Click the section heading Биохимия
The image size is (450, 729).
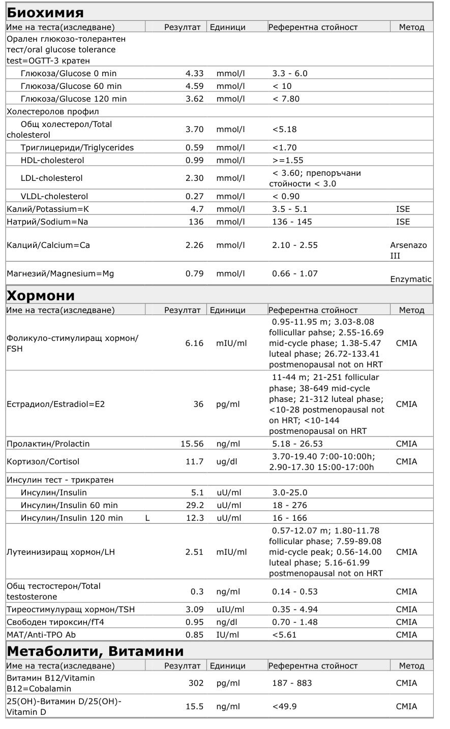click(x=45, y=12)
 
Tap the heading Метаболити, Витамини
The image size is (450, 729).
click(x=95, y=651)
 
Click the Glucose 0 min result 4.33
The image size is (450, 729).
click(x=194, y=73)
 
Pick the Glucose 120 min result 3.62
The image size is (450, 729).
click(x=194, y=99)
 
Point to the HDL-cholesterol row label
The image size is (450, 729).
click(x=52, y=160)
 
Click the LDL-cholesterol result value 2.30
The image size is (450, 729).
click(x=194, y=178)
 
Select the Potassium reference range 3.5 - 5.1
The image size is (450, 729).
click(x=290, y=209)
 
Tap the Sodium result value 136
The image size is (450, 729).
click(x=195, y=221)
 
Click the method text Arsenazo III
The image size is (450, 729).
click(x=408, y=250)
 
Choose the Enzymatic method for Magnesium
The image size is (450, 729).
click(x=411, y=279)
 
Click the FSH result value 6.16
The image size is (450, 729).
click(x=194, y=343)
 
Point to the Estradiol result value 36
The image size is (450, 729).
click(x=198, y=404)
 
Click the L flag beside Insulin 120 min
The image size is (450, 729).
click(x=147, y=518)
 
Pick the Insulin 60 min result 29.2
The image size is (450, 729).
click(x=195, y=505)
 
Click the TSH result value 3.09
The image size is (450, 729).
click(x=194, y=609)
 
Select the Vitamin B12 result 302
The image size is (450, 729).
click(x=196, y=683)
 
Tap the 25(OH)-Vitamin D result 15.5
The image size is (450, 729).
click(x=195, y=706)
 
